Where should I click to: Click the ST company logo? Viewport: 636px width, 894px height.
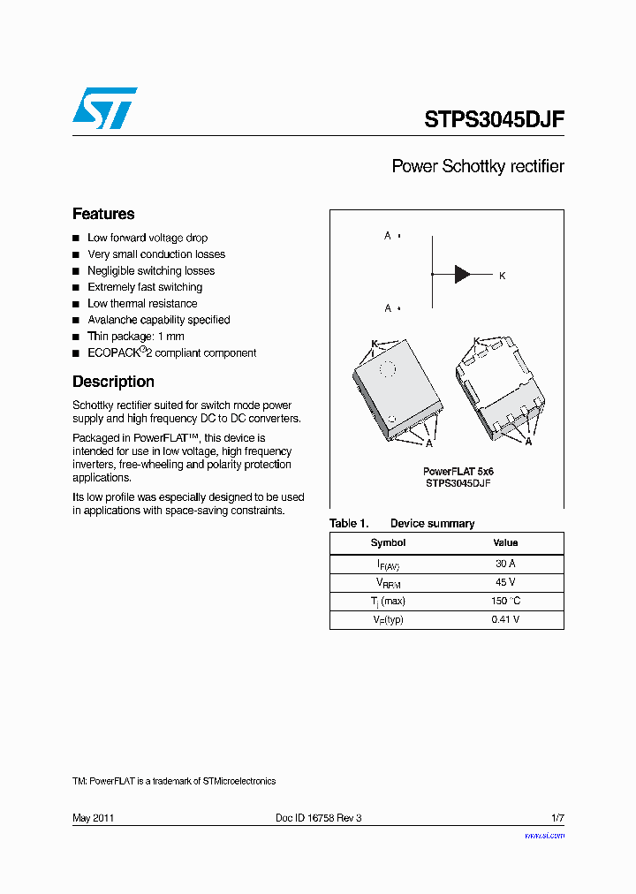click(x=104, y=109)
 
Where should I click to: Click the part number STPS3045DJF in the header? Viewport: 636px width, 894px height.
click(x=494, y=120)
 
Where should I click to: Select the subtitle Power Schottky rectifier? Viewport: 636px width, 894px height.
click(x=477, y=166)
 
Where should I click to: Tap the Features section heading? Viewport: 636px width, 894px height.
click(x=103, y=214)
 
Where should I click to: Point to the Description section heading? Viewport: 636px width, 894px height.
click(x=113, y=382)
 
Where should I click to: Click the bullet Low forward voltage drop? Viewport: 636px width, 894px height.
click(x=148, y=239)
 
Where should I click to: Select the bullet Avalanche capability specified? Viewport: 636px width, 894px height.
click(x=158, y=320)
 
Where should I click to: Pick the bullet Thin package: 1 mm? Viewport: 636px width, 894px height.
click(x=135, y=337)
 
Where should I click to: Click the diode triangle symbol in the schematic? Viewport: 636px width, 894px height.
click(x=463, y=274)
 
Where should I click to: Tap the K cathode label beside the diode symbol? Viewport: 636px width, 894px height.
click(x=502, y=277)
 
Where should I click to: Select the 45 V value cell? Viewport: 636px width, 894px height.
click(x=505, y=583)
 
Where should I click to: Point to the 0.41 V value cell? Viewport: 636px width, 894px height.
click(x=505, y=619)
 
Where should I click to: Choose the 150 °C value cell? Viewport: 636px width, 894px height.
click(x=505, y=601)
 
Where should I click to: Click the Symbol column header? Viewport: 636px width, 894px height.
click(x=388, y=543)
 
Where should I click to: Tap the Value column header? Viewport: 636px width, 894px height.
click(x=505, y=543)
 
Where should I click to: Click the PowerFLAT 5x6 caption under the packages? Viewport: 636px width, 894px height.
click(x=458, y=472)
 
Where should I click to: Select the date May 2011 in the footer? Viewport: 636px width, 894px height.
click(x=93, y=818)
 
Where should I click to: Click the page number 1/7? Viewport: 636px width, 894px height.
click(x=557, y=818)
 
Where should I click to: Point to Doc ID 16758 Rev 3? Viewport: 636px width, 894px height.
click(x=319, y=818)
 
